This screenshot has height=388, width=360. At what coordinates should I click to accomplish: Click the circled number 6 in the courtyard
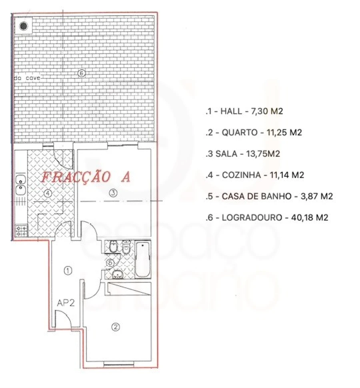click(x=81, y=73)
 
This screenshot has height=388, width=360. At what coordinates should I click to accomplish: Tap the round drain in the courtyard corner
click(x=24, y=26)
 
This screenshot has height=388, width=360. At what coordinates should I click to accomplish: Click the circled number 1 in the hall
click(x=68, y=271)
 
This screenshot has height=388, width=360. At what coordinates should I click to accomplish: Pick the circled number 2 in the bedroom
click(x=116, y=327)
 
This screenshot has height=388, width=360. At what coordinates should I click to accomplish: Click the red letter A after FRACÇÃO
click(x=125, y=177)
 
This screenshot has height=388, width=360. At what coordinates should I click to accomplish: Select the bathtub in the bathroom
click(x=142, y=259)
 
